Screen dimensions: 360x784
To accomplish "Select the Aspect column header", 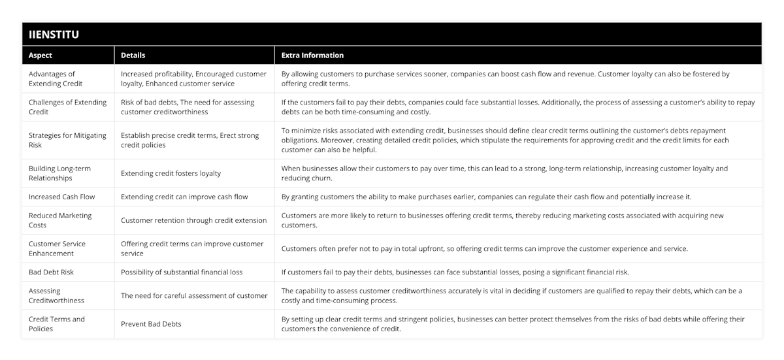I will (x=41, y=56).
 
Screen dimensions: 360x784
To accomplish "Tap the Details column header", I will (x=133, y=56).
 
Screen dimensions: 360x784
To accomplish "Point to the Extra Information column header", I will (x=312, y=56).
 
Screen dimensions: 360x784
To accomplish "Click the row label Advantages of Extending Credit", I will (x=52, y=78).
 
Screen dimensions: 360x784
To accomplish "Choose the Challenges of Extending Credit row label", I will (x=59, y=106).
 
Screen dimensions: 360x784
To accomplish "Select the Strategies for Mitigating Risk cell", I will (x=67, y=140).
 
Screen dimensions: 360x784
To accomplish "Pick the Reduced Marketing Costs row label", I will (x=60, y=220).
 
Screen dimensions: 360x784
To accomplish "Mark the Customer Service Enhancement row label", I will (x=57, y=248).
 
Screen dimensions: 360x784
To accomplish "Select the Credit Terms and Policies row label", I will (x=57, y=323).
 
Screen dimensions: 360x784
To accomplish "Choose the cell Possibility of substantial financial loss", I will (x=182, y=272).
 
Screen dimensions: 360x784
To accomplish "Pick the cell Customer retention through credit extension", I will (x=193, y=220).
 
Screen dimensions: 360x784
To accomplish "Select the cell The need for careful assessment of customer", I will (x=194, y=295).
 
